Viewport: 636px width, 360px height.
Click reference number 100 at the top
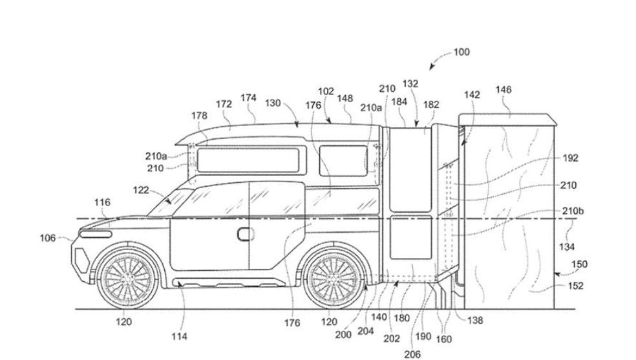click(461, 52)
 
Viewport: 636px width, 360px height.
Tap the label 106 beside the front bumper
click(48, 238)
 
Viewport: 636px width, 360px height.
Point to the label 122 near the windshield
click(141, 190)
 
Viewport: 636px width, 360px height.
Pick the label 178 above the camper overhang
click(200, 115)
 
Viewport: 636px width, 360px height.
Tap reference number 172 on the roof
click(224, 103)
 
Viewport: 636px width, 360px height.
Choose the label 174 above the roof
click(248, 98)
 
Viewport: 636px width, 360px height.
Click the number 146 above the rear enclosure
click(503, 90)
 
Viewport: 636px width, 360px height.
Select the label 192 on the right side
click(570, 158)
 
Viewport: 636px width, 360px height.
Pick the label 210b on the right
click(573, 211)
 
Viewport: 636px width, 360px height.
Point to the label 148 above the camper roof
click(345, 98)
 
